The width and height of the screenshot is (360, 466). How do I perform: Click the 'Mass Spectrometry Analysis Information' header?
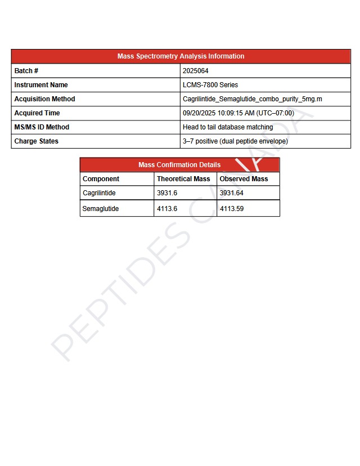tap(181, 56)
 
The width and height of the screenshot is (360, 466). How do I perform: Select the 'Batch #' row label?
tap(26, 71)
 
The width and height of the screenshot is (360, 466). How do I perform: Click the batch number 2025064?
tap(196, 71)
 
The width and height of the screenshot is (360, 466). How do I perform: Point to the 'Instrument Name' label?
tap(41, 85)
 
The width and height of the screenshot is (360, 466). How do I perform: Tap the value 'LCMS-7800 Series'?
tap(210, 85)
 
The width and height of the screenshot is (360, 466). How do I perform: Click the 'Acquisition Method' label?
tap(44, 99)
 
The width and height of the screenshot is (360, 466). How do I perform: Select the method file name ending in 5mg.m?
tap(253, 99)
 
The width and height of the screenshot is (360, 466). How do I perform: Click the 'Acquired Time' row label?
tap(37, 113)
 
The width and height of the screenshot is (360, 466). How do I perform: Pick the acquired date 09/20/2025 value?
tap(238, 113)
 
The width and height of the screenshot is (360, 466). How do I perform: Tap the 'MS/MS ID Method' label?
tap(42, 127)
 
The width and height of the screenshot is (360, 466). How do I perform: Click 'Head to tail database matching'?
tap(228, 127)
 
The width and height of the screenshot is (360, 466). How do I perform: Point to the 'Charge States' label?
tap(37, 141)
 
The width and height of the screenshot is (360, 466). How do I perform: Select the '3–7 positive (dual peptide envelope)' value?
tap(235, 141)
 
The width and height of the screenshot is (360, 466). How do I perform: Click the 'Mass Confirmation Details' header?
tap(179, 165)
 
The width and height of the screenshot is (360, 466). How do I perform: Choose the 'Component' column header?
tap(101, 179)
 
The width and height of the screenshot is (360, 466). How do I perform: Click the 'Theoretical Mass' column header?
tap(183, 179)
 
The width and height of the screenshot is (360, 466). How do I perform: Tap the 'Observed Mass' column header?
tap(244, 179)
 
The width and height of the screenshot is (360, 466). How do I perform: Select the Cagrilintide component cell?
tap(99, 193)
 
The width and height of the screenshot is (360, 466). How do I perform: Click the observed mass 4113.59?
tap(232, 209)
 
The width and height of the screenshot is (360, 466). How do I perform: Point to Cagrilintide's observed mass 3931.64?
tap(232, 193)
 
